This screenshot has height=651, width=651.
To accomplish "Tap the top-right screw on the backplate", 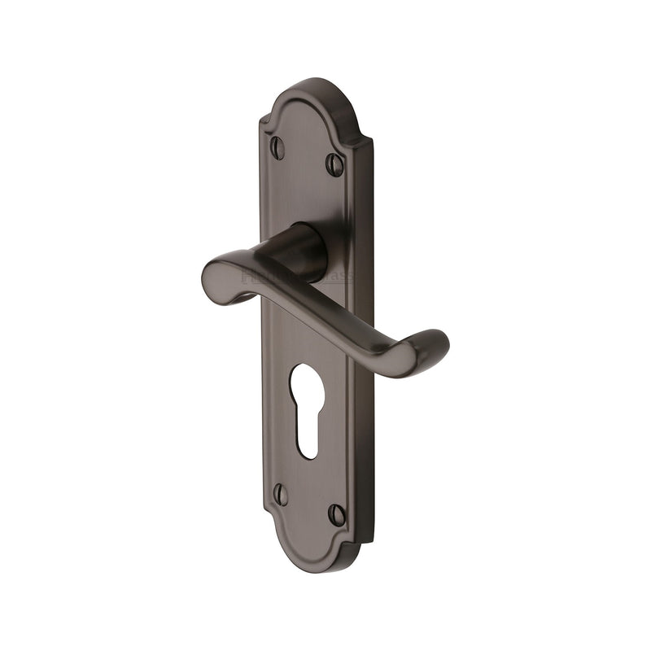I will click(335, 164).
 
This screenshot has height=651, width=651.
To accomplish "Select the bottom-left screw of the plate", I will click(281, 494).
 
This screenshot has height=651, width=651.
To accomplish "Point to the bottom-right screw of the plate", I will click(336, 513).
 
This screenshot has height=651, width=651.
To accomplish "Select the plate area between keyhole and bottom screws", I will click(309, 480).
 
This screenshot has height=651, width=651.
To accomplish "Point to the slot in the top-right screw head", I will click(335, 164).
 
